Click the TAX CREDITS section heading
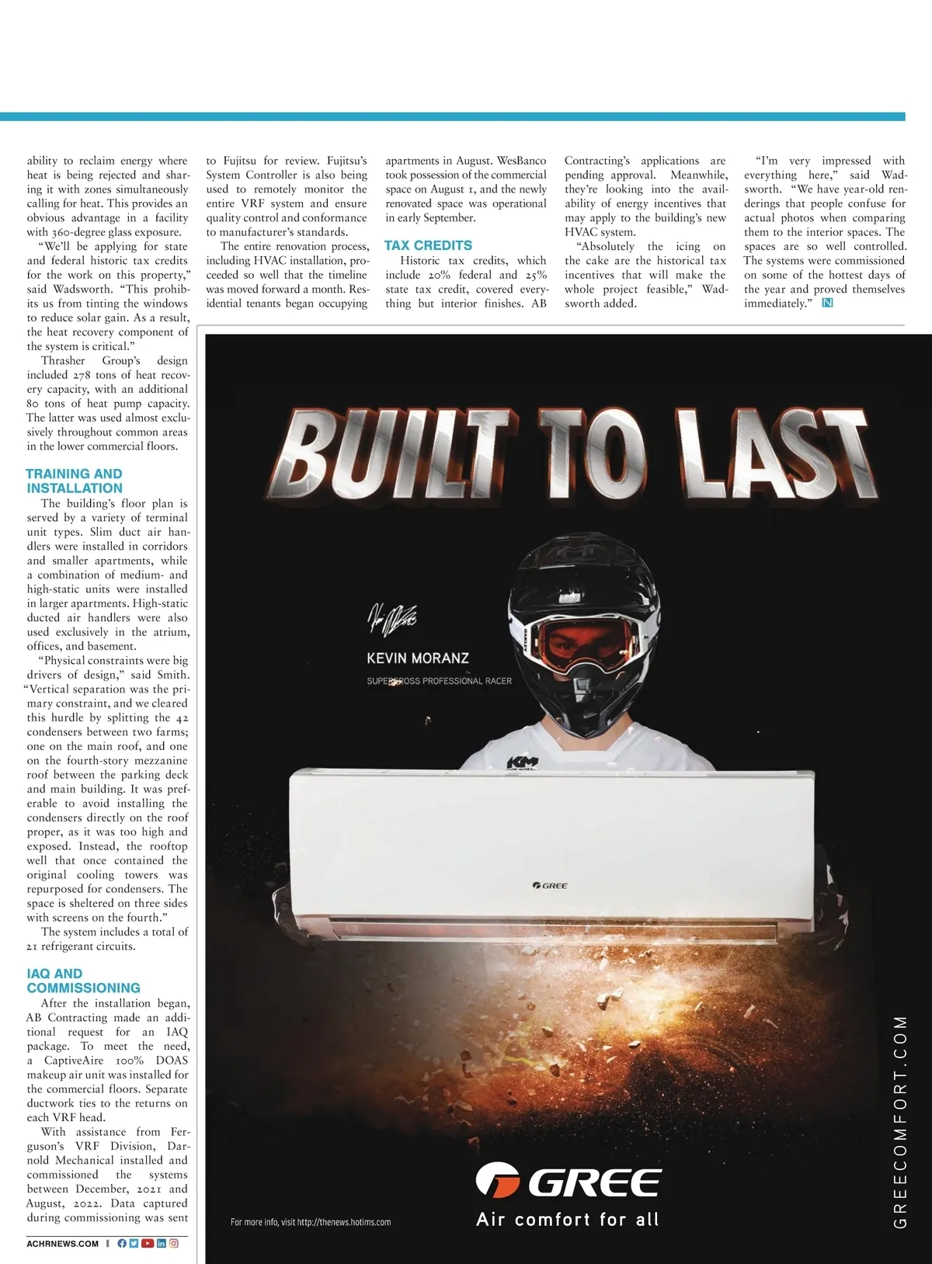click(x=428, y=245)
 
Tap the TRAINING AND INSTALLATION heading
click(x=75, y=481)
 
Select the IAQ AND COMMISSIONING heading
click(x=83, y=981)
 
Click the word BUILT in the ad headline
click(x=395, y=456)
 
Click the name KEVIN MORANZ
click(x=418, y=658)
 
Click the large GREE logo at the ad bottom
click(x=569, y=1182)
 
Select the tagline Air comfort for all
click(x=568, y=1220)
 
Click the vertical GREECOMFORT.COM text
click(x=900, y=1121)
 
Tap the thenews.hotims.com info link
click(x=311, y=1222)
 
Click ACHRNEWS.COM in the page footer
click(x=63, y=1244)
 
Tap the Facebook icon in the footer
click(x=122, y=1243)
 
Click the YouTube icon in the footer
click(x=148, y=1243)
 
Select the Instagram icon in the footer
click(x=174, y=1243)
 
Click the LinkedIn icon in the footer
click(x=162, y=1243)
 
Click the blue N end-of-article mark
click(x=827, y=303)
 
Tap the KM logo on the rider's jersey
click(x=522, y=763)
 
